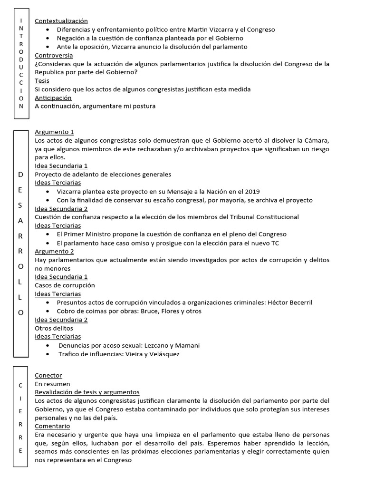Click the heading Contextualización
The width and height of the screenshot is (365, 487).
[61, 21]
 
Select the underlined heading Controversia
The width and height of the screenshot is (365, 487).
[53, 55]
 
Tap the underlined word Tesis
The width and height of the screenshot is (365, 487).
[42, 81]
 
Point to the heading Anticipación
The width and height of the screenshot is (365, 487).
[53, 98]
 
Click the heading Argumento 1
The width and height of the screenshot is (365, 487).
[54, 132]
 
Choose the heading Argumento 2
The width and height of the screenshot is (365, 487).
[54, 251]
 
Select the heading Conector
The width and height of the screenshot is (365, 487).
[48, 375]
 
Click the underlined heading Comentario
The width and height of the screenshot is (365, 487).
[52, 426]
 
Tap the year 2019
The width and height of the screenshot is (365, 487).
[252, 192]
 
